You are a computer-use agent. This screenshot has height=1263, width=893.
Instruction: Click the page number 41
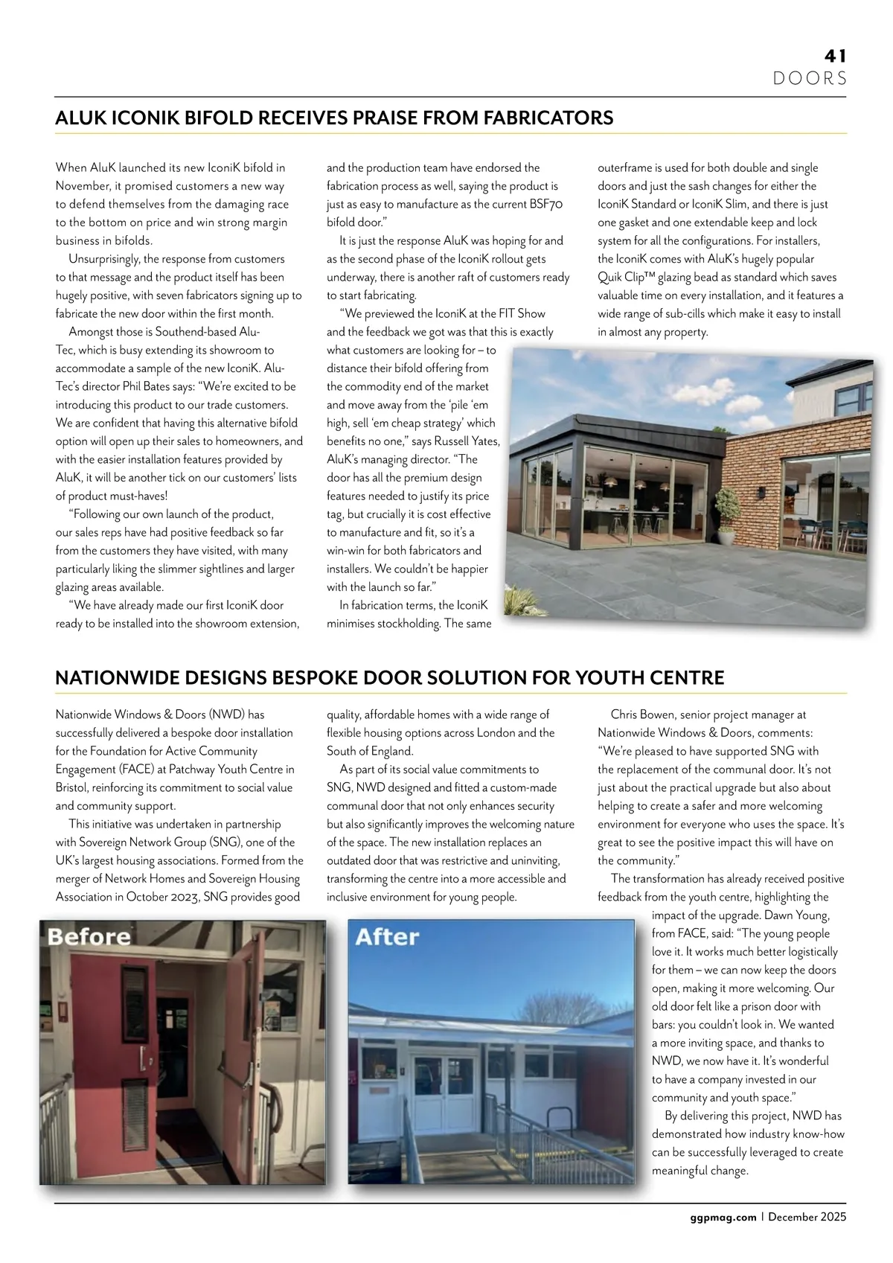[x=835, y=56]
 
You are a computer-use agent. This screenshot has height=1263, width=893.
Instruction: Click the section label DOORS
[x=810, y=78]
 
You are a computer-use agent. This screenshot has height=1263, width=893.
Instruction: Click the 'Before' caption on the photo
[x=89, y=936]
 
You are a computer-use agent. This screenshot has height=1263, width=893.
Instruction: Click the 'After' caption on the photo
[x=387, y=936]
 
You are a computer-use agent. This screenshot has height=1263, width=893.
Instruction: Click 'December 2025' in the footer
[x=807, y=1218]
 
